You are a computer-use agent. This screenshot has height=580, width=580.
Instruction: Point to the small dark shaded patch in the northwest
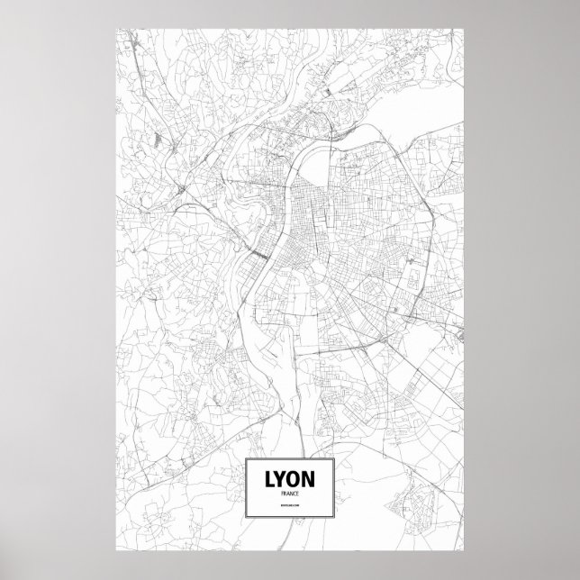159,140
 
